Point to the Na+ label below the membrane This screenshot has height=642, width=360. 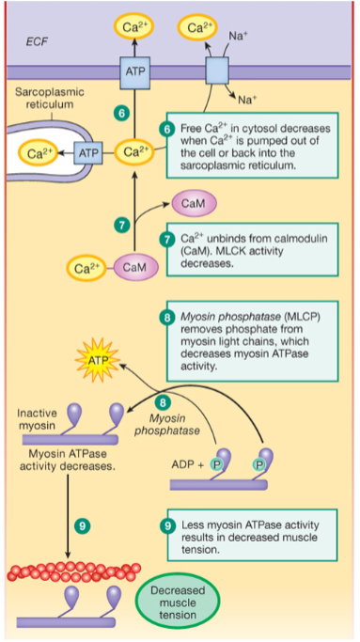[246, 100]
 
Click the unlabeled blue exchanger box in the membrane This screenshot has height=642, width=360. [217, 70]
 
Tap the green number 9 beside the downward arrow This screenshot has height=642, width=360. [82, 525]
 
